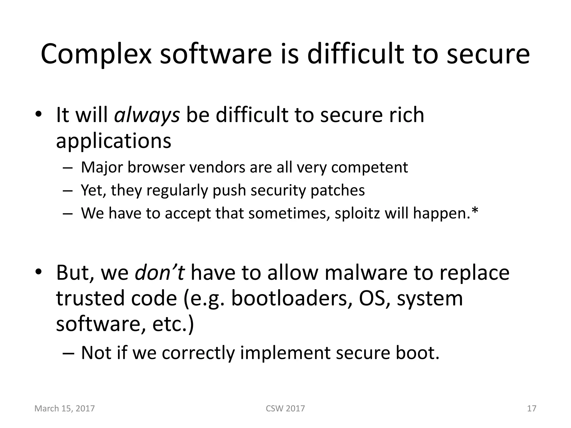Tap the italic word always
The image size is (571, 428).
[147, 115]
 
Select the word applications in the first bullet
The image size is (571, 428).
[113, 141]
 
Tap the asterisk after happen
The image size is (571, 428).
[475, 211]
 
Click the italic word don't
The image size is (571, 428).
[159, 273]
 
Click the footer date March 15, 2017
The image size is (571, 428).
[64, 408]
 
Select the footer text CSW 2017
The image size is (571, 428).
[285, 408]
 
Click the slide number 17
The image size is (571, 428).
[532, 408]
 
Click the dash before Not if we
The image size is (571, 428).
[68, 353]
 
